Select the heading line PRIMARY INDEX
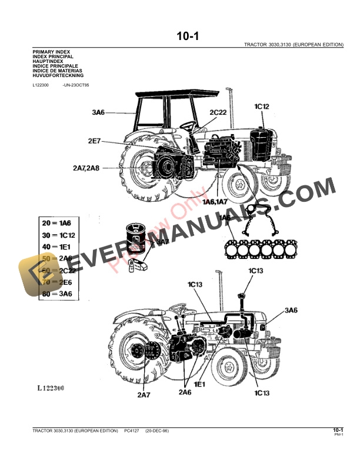[x=51, y=52]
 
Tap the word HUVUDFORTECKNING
[x=58, y=76]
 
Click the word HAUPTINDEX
[x=46, y=62]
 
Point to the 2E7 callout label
[x=96, y=141]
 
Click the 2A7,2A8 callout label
[x=86, y=168]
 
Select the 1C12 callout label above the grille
[x=262, y=106]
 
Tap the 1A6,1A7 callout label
[x=215, y=202]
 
